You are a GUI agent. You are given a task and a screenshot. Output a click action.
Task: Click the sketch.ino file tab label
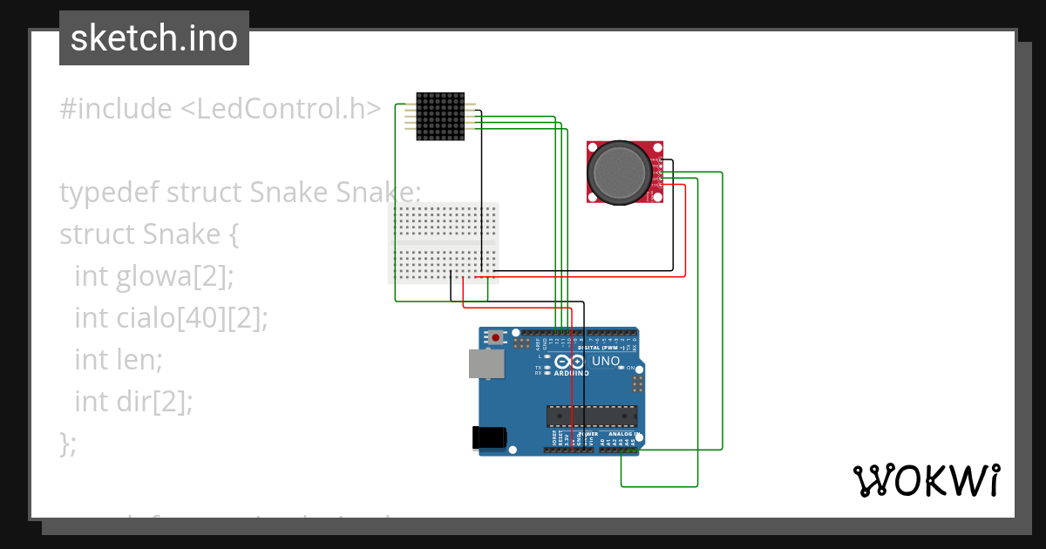154,38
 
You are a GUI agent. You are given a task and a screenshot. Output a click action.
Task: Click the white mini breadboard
444,243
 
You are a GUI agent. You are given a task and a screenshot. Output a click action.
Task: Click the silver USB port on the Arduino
486,364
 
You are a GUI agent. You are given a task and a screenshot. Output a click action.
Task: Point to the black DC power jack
489,437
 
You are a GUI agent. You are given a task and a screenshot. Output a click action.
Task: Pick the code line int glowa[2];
154,276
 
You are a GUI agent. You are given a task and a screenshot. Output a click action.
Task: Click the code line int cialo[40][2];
171,318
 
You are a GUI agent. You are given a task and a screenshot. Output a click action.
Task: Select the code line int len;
119,360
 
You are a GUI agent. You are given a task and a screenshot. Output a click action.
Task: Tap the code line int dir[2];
132,402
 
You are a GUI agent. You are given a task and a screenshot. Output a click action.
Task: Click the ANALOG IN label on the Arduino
622,433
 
